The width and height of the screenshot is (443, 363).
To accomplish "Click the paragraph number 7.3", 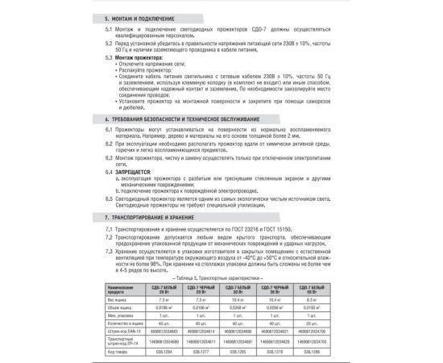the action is coord(110,251).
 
